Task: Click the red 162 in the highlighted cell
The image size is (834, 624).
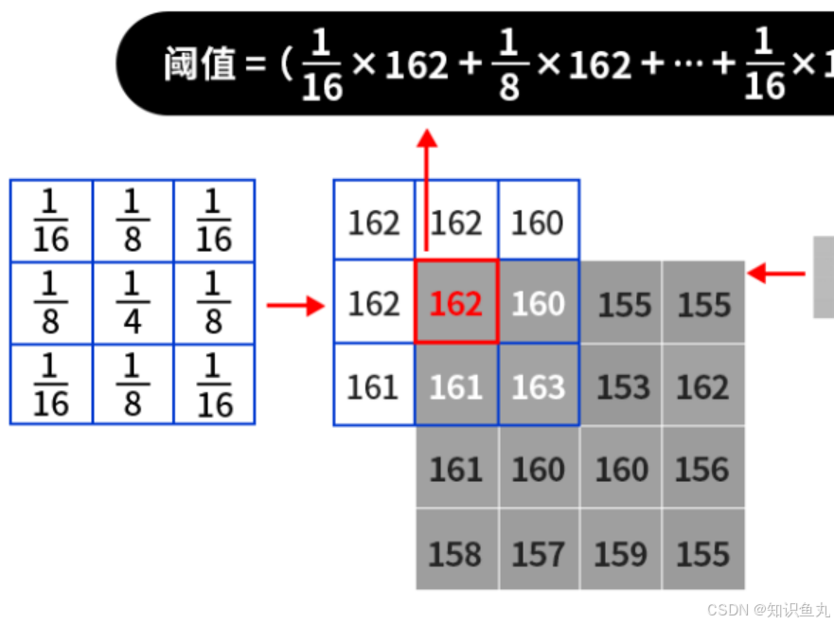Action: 456,304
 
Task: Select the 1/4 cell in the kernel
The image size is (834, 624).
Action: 133,303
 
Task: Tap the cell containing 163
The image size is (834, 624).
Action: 538,386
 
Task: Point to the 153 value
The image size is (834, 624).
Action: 622,386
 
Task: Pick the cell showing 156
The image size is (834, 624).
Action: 703,469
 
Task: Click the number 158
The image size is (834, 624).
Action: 455,552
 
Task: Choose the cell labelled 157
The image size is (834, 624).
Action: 538,552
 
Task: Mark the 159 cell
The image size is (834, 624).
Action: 621,552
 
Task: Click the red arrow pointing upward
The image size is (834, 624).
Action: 428,189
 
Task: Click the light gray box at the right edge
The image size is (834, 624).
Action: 824,276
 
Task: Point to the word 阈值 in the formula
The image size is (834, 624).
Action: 199,64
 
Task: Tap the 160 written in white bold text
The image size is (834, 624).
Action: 538,304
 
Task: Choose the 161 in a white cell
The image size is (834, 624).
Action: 374,386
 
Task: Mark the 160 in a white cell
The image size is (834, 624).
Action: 538,223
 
